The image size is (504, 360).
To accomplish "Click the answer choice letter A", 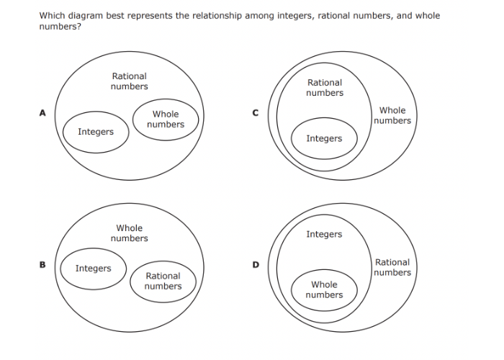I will pyautogui.click(x=42, y=112).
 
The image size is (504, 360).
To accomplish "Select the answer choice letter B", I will pyautogui.click(x=42, y=264).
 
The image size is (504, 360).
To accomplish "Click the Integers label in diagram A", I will pyautogui.click(x=96, y=132).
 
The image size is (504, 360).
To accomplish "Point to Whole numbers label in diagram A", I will pyautogui.click(x=166, y=120).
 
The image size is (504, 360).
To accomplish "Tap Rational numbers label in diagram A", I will pyautogui.click(x=130, y=81).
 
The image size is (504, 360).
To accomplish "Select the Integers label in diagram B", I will pyautogui.click(x=94, y=269).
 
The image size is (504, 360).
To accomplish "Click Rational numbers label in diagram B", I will pyautogui.click(x=163, y=281).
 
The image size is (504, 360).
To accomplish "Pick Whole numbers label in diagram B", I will pyautogui.click(x=130, y=233).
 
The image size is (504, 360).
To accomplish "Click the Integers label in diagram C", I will pyautogui.click(x=324, y=138).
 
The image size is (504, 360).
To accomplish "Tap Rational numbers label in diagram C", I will pyautogui.click(x=325, y=88).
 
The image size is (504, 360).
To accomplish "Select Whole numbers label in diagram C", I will pyautogui.click(x=392, y=115).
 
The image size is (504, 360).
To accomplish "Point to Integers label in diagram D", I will pyautogui.click(x=324, y=234).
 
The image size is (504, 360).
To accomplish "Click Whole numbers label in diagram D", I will pyautogui.click(x=324, y=289).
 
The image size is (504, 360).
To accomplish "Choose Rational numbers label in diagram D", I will pyautogui.click(x=392, y=267).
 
